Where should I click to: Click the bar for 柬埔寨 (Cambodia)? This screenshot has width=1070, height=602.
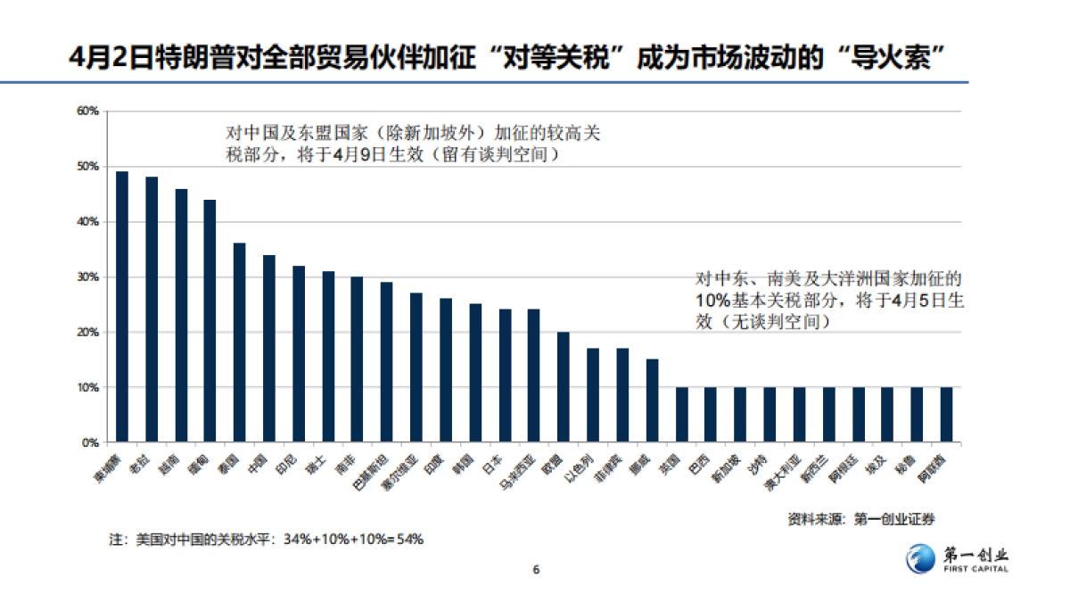click(122, 307)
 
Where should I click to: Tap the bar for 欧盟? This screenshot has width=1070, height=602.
click(564, 387)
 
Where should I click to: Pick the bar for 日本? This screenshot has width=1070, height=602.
click(505, 375)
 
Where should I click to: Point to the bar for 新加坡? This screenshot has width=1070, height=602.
click(740, 415)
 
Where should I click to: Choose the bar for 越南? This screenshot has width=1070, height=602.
click(181, 316)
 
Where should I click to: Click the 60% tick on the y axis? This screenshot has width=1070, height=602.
click(87, 111)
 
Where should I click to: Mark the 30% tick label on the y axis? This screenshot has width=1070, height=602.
click(87, 277)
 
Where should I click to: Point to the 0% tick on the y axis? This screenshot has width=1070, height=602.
click(90, 443)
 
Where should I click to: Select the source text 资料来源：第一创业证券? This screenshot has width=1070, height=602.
click(861, 518)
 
